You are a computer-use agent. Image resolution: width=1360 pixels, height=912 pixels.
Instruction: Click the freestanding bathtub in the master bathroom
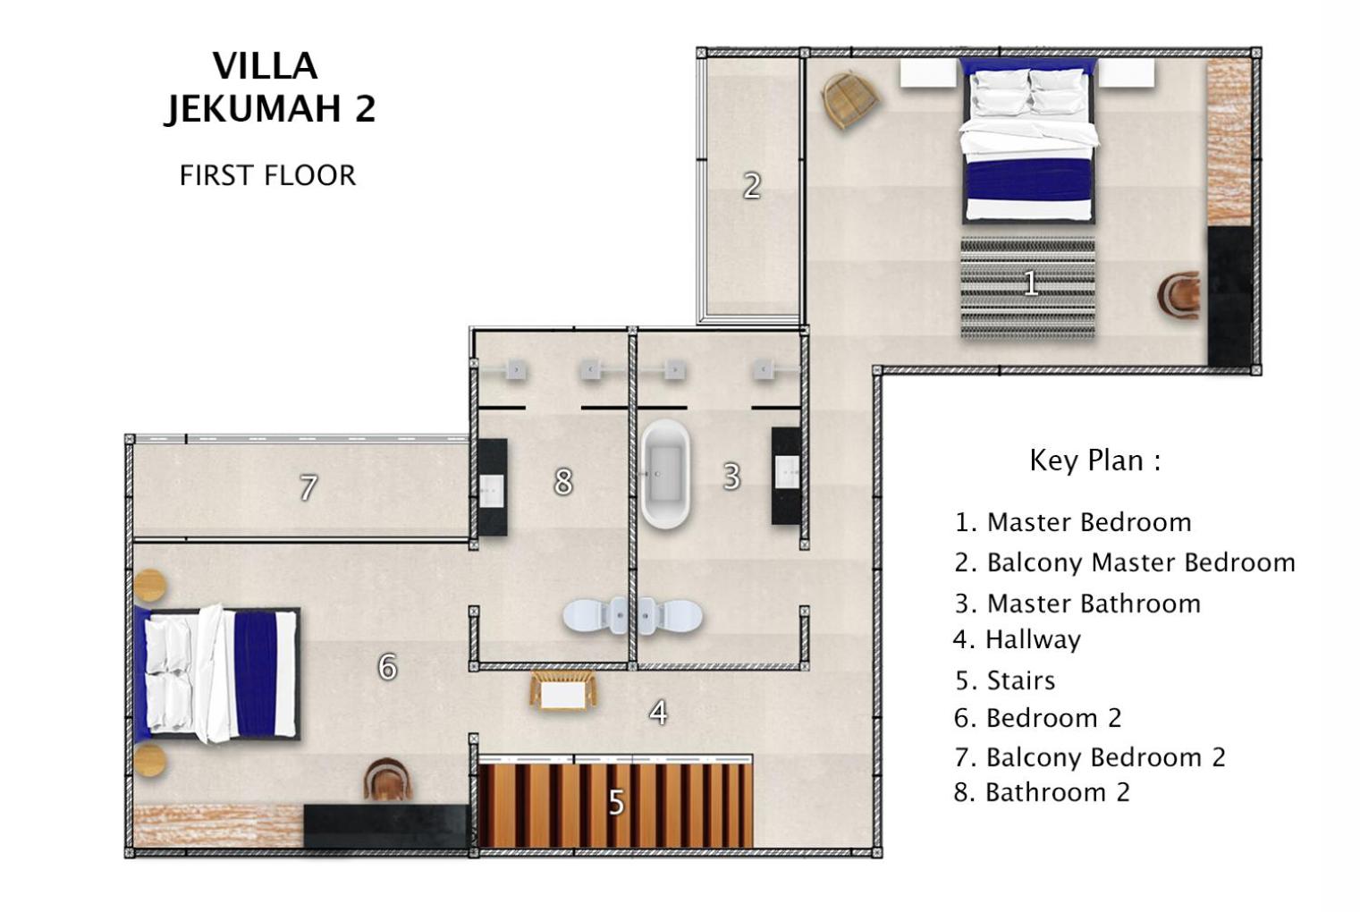(x=665, y=474)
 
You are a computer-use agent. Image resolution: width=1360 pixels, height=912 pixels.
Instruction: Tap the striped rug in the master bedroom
(x=1028, y=287)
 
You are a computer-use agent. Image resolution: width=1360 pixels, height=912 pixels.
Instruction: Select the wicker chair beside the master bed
(x=849, y=99)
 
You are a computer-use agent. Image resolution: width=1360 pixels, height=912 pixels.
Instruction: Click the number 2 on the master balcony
(x=752, y=185)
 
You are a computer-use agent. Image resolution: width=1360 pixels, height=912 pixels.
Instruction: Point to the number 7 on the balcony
(x=308, y=487)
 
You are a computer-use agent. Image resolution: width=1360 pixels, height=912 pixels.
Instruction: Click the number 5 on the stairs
(x=616, y=803)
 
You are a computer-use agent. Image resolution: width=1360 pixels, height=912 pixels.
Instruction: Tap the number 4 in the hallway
(x=658, y=713)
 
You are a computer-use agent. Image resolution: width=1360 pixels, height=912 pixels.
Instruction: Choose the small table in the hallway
(x=562, y=690)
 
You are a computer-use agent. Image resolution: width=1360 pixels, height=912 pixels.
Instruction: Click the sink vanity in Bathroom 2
(x=492, y=487)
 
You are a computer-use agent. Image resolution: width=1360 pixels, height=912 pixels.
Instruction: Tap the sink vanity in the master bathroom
(x=786, y=476)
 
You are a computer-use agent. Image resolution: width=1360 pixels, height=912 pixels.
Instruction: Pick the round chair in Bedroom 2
(x=387, y=780)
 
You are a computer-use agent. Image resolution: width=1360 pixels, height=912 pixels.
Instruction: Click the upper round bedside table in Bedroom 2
(x=149, y=586)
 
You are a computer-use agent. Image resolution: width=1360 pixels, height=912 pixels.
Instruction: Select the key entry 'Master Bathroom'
(x=1077, y=604)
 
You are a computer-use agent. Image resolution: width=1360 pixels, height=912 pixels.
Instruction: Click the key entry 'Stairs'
(x=1005, y=680)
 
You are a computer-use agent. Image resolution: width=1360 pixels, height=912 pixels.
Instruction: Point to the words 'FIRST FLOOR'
(x=267, y=175)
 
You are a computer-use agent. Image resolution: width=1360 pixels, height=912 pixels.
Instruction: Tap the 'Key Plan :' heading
(x=1094, y=460)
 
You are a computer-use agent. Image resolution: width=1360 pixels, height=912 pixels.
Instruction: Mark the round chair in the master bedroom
(x=1179, y=295)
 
